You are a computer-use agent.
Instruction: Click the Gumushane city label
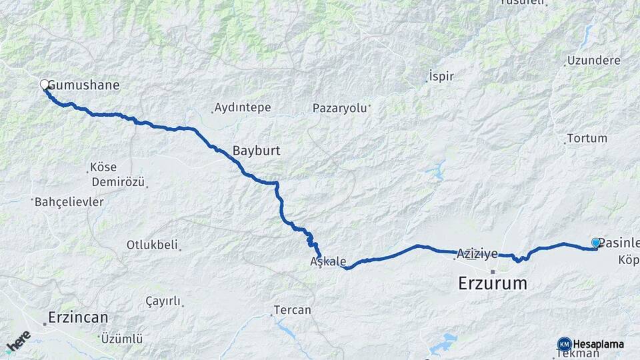[84, 85]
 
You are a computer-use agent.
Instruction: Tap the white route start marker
[45, 85]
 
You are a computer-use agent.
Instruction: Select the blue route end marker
[595, 243]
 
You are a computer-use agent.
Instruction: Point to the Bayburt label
[256, 151]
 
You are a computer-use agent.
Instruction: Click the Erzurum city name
[493, 283]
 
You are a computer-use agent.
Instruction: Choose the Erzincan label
[77, 317]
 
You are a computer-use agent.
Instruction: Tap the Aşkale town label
[328, 261]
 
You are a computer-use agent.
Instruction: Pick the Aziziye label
[477, 254]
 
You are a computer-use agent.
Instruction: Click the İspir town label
[441, 76]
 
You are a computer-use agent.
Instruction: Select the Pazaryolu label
[340, 108]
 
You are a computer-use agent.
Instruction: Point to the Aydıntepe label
[241, 108]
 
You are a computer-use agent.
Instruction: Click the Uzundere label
[594, 61]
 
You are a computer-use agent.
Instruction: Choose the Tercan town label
[292, 310]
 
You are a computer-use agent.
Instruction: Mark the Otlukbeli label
[152, 245]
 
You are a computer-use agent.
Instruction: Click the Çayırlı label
[163, 301]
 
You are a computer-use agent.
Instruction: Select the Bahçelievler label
[69, 201]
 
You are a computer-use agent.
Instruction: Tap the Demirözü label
[117, 182]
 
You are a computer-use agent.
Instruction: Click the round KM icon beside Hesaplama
[565, 344]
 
